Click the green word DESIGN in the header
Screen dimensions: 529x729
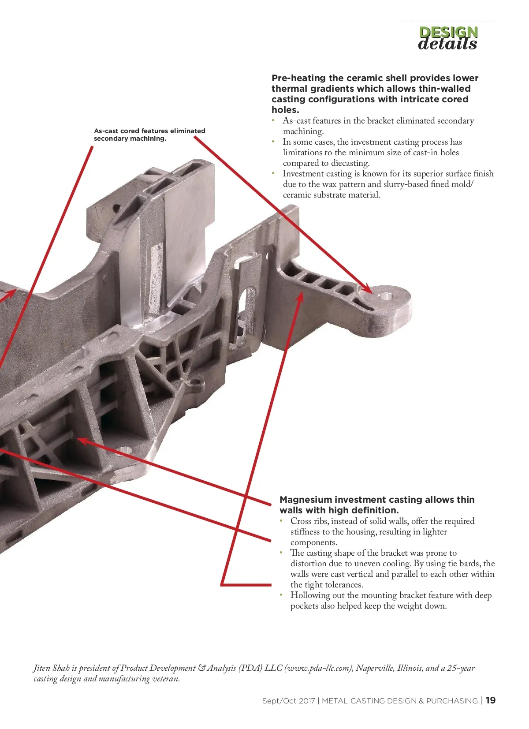pyautogui.click(x=448, y=32)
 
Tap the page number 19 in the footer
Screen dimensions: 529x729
pyautogui.click(x=491, y=700)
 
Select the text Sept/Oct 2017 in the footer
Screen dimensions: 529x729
pyautogui.click(x=289, y=701)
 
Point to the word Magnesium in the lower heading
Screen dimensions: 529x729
pyautogui.click(x=305, y=500)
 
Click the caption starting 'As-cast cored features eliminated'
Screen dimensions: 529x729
pyautogui.click(x=149, y=135)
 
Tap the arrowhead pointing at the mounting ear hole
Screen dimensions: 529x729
pyautogui.click(x=367, y=289)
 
